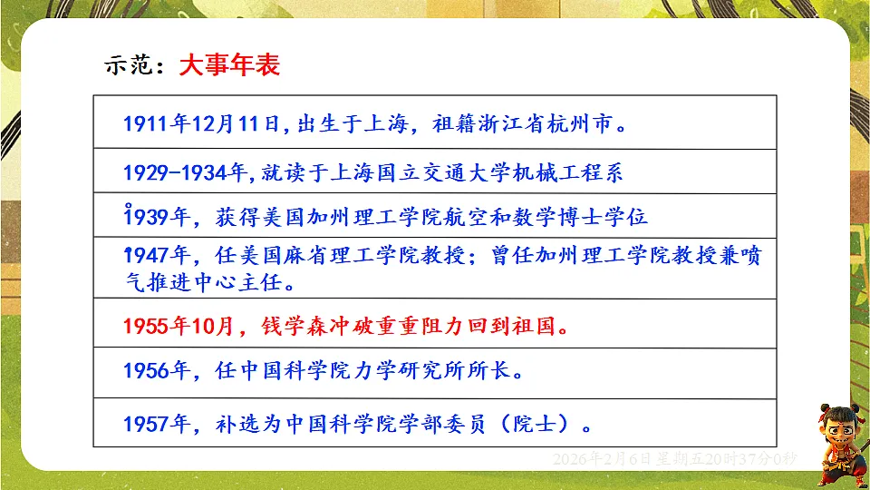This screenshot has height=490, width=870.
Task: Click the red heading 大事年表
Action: click(229, 65)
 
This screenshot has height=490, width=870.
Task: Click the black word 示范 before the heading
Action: click(132, 66)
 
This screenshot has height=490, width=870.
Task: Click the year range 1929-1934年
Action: click(186, 171)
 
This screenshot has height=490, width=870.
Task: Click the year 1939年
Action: click(155, 218)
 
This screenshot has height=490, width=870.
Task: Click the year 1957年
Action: click(155, 423)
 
